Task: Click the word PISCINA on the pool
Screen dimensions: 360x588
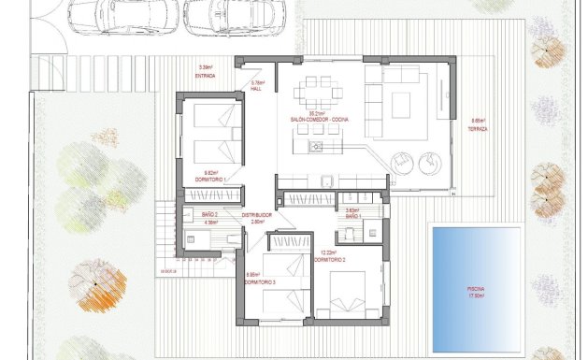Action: (x=477, y=290)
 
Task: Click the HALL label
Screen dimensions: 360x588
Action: (x=259, y=89)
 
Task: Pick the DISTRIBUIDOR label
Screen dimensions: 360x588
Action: (x=256, y=215)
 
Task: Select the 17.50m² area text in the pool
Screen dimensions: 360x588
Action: (x=477, y=296)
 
